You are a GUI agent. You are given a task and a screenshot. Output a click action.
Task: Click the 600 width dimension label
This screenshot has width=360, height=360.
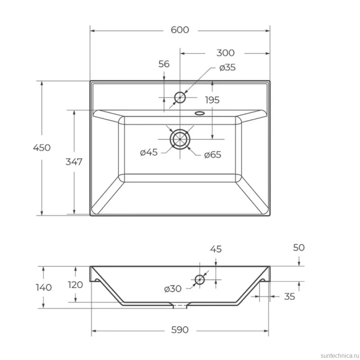(180, 30)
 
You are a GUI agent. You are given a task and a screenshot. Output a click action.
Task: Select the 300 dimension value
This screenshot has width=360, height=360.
(225, 53)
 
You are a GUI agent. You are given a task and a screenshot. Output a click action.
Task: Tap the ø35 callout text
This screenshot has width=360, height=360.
(227, 68)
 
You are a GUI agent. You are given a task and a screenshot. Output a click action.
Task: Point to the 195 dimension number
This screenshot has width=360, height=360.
(212, 100)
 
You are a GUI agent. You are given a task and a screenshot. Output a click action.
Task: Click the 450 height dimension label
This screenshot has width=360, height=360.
(42, 147)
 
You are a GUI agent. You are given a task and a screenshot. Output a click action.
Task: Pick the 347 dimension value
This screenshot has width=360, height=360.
(74, 162)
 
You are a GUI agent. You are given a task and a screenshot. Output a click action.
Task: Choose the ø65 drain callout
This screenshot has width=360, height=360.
(213, 154)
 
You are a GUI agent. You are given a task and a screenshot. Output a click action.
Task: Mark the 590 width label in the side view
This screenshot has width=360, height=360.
(180, 330)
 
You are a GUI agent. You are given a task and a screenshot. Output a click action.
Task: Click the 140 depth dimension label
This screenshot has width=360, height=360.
(44, 288)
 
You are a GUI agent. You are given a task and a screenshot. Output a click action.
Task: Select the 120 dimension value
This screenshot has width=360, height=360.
(75, 285)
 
